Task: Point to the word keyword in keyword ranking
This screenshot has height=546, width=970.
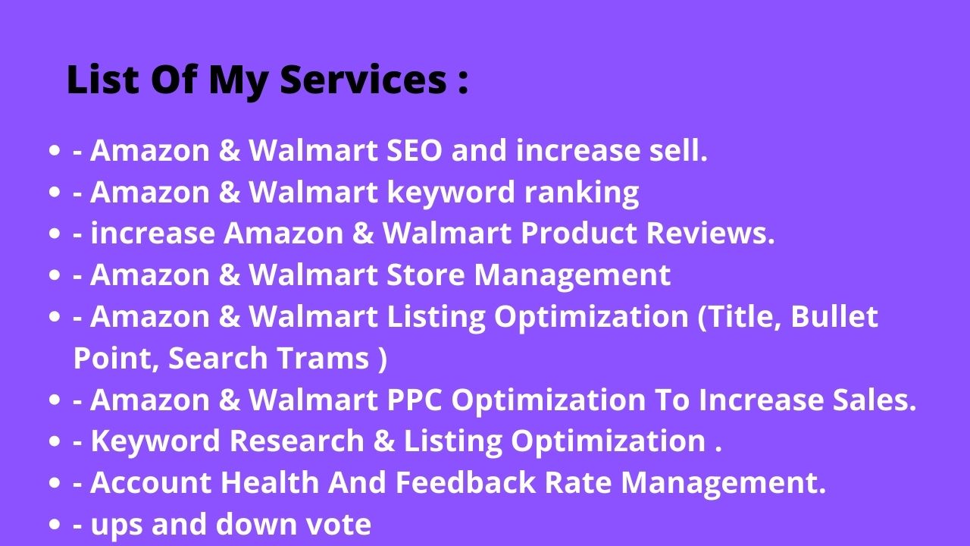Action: [451, 193]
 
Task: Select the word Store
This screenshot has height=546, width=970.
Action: [426, 275]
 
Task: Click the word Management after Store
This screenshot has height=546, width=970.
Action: [572, 275]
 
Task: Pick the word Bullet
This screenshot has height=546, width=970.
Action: [834, 316]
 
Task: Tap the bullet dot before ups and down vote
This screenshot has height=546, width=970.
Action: [54, 524]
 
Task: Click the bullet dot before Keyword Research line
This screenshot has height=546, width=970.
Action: [54, 441]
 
